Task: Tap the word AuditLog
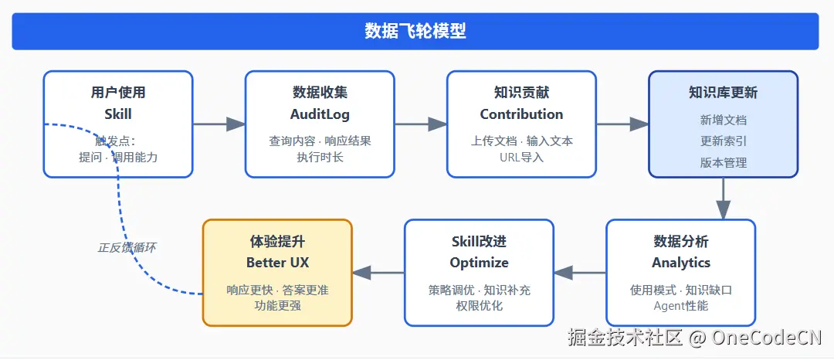click(320, 114)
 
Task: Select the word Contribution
click(521, 114)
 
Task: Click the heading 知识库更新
click(723, 93)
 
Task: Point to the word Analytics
click(681, 263)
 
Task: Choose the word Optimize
click(479, 263)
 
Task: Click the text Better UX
click(276, 263)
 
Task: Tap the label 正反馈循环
click(127, 248)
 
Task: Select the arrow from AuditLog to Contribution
click(421, 124)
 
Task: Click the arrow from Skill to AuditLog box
click(219, 124)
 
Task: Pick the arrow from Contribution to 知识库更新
click(622, 124)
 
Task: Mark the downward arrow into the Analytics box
click(723, 199)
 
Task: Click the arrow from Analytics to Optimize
click(580, 273)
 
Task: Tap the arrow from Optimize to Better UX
click(378, 273)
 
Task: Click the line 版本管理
click(723, 163)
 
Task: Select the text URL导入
click(521, 158)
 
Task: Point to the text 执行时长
click(320, 158)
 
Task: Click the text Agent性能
click(681, 306)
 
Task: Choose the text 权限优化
click(479, 306)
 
